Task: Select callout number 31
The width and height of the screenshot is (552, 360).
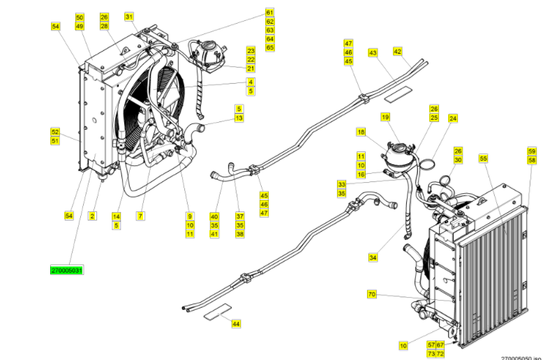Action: (129, 16)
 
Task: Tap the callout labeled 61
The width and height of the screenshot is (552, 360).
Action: (270, 13)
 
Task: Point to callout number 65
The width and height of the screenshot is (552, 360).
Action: (270, 48)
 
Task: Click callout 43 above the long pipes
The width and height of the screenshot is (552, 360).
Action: (373, 53)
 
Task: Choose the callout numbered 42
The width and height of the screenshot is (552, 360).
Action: (398, 51)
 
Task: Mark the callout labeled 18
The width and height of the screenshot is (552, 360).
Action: (361, 132)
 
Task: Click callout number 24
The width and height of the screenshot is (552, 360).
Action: (453, 119)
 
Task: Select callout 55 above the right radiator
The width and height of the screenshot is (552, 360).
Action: (483, 159)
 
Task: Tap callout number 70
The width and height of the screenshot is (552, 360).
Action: (371, 294)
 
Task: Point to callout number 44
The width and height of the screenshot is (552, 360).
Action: (236, 324)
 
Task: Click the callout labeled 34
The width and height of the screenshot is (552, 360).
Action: (373, 257)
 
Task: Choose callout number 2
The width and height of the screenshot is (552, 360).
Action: (91, 216)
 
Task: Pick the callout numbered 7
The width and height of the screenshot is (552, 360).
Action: (140, 216)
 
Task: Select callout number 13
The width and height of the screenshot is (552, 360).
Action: (239, 118)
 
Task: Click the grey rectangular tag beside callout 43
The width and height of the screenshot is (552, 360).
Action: (399, 90)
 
